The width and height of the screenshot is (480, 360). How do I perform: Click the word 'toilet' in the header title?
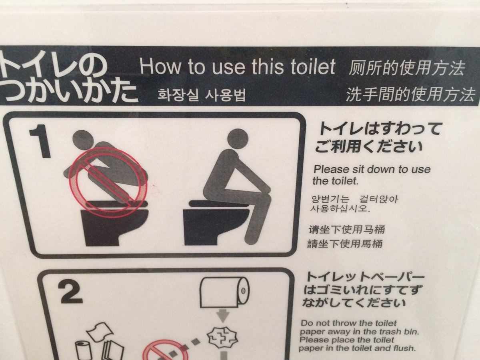tap(312, 66)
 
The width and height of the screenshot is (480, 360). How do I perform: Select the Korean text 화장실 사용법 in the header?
tap(202, 96)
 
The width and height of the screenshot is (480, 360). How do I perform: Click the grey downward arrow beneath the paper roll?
tap(223, 316)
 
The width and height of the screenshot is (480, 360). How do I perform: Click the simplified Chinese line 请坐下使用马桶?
tap(347, 230)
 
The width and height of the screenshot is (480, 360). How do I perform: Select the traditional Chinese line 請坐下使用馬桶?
tap(345, 244)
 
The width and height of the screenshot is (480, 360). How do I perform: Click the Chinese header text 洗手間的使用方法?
tap(410, 94)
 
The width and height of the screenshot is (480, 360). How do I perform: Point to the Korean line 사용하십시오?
tap(340, 209)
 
